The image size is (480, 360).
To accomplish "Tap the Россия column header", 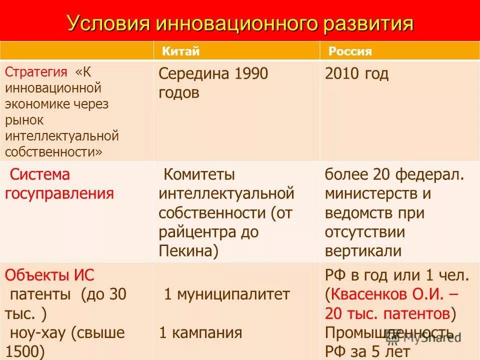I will (350, 51).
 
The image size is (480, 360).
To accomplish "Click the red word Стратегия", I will (36, 71).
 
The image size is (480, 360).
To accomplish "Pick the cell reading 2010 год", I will (356, 74).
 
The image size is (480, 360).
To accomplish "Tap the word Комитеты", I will (199, 175).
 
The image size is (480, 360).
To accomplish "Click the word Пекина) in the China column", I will (188, 250).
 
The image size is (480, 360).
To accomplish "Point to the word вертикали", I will (363, 250).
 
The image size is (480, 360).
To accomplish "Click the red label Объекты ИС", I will (49, 275).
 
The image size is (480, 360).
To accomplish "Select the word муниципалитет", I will (232, 294).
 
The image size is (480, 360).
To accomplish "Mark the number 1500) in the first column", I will (25, 351).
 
